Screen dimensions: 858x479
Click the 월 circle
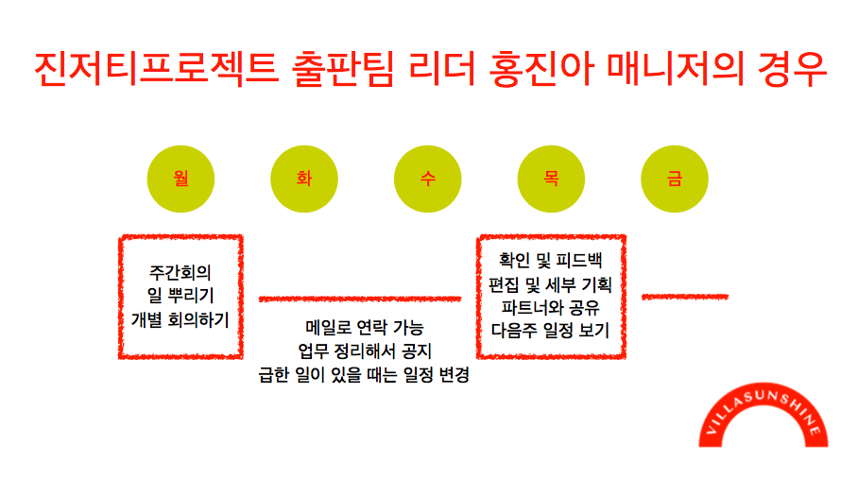pyautogui.click(x=180, y=179)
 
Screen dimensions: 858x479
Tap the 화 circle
pyautogui.click(x=304, y=179)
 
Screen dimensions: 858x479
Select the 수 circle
pyautogui.click(x=428, y=179)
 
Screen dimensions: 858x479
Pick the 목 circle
pyautogui.click(x=551, y=179)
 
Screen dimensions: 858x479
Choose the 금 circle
pyautogui.click(x=675, y=179)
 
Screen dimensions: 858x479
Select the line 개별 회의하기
pyautogui.click(x=180, y=320)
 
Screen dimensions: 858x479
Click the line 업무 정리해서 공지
pyautogui.click(x=365, y=351)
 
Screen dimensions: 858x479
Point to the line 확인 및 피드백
pyautogui.click(x=551, y=260)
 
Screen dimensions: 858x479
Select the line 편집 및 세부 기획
pyautogui.click(x=551, y=283)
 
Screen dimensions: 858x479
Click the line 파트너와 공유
pyautogui.click(x=551, y=307)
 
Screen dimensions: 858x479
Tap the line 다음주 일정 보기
pyautogui.click(x=551, y=331)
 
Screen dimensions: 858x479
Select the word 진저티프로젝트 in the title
pyautogui.click(x=152, y=67)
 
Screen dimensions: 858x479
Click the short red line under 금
pyautogui.click(x=685, y=297)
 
